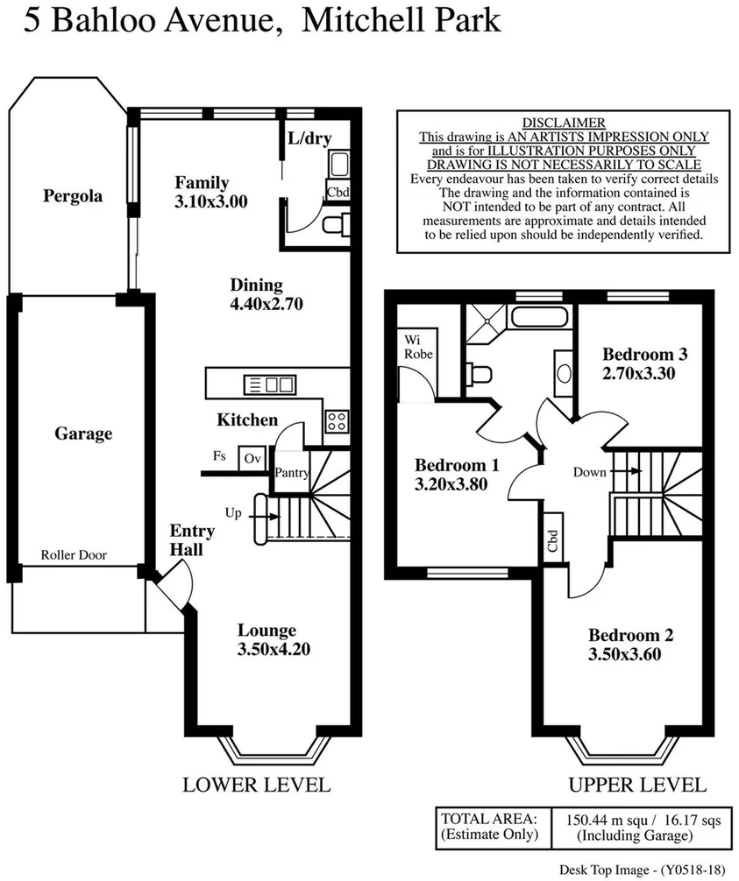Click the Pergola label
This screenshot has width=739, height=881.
73,196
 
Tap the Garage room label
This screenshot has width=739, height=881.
83,433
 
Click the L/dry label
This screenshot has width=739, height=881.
309,137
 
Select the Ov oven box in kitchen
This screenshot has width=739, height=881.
253,458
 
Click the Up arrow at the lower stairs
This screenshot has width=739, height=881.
263,514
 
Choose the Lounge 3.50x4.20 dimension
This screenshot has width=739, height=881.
267,649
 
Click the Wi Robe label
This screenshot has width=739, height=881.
415,346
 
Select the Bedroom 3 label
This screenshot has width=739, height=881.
644,355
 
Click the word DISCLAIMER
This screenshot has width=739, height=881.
564,123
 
